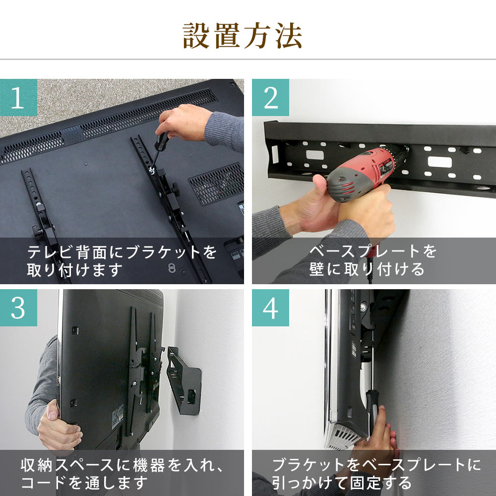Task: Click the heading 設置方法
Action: click(243, 35)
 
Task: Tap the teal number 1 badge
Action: click(18, 97)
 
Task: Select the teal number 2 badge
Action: click(270, 97)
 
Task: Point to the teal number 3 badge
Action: click(18, 308)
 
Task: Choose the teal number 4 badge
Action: click(270, 308)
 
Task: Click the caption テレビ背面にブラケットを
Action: click(122, 252)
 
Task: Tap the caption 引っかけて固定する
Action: click(342, 483)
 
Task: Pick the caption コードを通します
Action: click(84, 483)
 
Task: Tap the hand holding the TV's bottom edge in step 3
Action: click(59, 426)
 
